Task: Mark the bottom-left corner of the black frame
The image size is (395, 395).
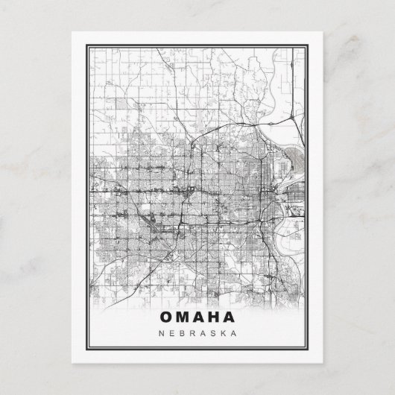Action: click(x=83, y=350)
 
